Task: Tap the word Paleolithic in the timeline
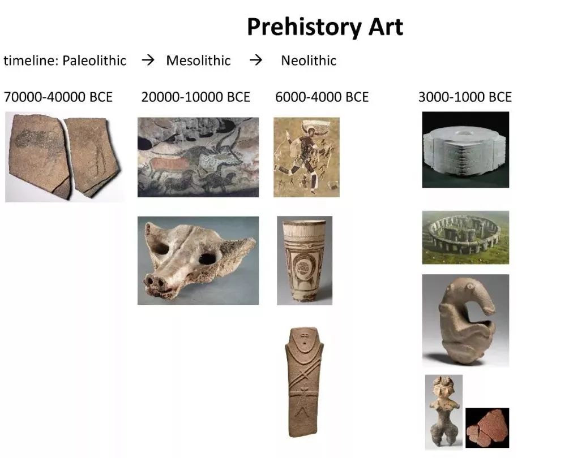pyautogui.click(x=94, y=61)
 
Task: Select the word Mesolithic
pyautogui.click(x=199, y=61)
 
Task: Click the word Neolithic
pyautogui.click(x=309, y=61)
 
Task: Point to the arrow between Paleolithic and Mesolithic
pyautogui.click(x=148, y=60)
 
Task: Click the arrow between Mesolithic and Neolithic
pyautogui.click(x=256, y=60)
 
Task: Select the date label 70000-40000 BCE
pyautogui.click(x=58, y=97)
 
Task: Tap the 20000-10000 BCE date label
pyautogui.click(x=195, y=97)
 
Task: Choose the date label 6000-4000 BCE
pyautogui.click(x=322, y=97)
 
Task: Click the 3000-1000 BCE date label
pyautogui.click(x=465, y=97)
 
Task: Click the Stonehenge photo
pyautogui.click(x=465, y=237)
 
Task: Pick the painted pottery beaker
pyautogui.click(x=305, y=261)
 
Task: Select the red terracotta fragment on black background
pyautogui.click(x=487, y=428)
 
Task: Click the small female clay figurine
pyautogui.click(x=444, y=412)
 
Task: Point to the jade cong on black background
pyautogui.click(x=465, y=150)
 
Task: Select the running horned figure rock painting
pyautogui.click(x=306, y=157)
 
